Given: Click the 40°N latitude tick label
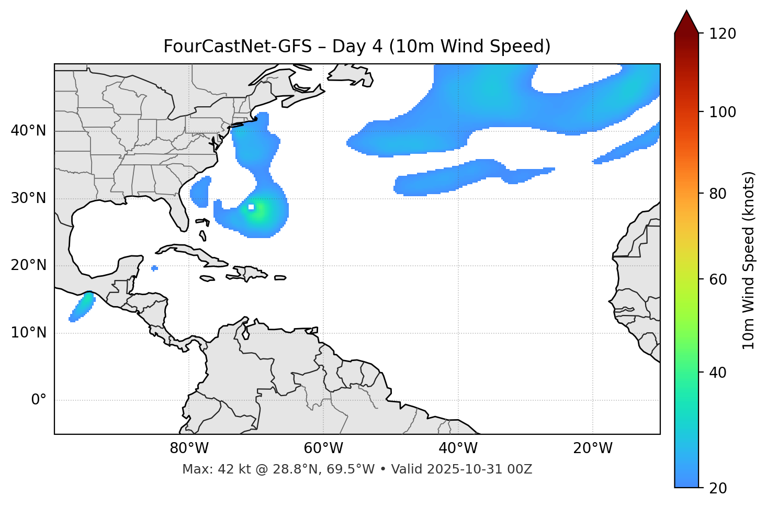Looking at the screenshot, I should coord(28,131).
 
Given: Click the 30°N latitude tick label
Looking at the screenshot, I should coord(28,198).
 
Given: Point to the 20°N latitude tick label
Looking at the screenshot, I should coord(28,265).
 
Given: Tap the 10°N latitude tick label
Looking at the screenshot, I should coord(28,333).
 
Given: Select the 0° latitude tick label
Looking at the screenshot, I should coord(39,400).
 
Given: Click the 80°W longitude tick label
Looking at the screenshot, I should coord(189,448).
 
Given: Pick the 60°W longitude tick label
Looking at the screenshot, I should coord(323,448).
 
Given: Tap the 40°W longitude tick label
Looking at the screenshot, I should coord(458,448).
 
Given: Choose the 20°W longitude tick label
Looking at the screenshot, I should coord(592,448).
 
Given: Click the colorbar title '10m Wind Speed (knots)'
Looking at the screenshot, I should coord(749,260).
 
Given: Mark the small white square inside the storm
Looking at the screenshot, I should coord(251,207).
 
